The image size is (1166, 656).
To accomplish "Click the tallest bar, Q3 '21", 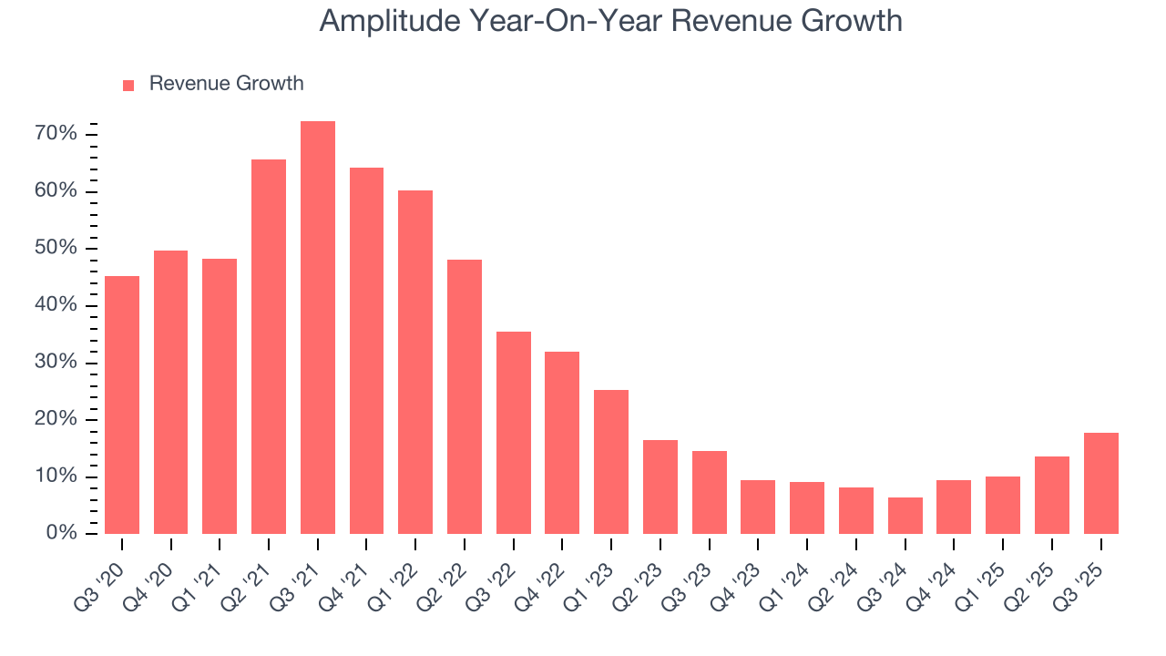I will click(x=318, y=328).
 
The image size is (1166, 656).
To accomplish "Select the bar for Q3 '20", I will click(x=122, y=405).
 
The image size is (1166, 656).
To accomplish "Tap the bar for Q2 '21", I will click(x=269, y=346).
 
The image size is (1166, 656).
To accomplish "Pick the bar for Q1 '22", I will click(x=415, y=363).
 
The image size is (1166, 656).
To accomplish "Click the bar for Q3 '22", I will click(x=514, y=433).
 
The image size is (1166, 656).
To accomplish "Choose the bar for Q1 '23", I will click(x=611, y=462).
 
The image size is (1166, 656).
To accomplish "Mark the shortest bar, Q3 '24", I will click(x=905, y=516).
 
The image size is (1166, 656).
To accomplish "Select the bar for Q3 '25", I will click(x=1101, y=484).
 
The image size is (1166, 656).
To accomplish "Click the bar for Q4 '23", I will click(x=758, y=507).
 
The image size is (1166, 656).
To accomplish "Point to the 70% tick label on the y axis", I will click(x=56, y=135).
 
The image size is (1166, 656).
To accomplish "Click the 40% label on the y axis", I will click(x=56, y=305).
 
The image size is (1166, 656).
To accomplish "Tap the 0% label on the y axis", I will click(x=61, y=533).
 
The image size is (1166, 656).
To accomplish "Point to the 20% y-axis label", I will click(x=56, y=419).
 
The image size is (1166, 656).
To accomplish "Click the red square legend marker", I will click(x=128, y=85).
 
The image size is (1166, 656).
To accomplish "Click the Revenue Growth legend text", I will click(x=226, y=84).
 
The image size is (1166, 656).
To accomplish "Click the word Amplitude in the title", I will click(x=391, y=21).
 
